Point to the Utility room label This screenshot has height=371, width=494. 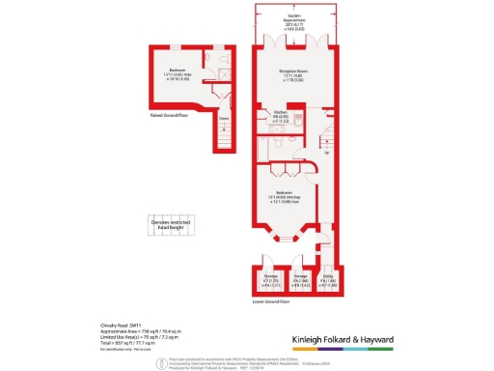click(x=329, y=281)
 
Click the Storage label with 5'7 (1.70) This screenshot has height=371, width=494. click(x=271, y=281)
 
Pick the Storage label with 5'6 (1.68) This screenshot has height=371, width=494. click(x=300, y=281)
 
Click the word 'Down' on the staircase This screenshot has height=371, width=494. click(x=223, y=120)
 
